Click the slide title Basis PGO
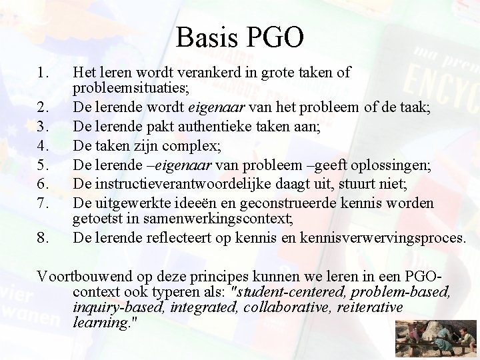[x=240, y=37]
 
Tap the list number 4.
[x=43, y=143]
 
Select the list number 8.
[x=43, y=237]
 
